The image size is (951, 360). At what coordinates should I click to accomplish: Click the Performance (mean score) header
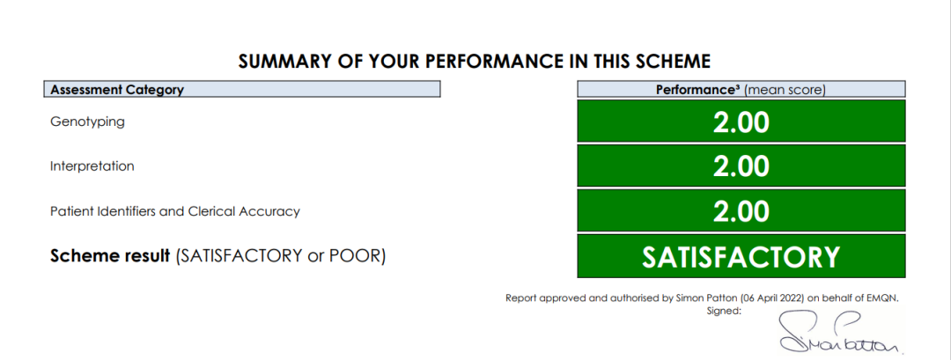tap(741, 90)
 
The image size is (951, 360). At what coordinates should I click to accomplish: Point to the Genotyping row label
tap(87, 121)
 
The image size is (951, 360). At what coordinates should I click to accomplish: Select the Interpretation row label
tap(92, 166)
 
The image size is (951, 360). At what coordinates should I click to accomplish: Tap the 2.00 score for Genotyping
tap(741, 121)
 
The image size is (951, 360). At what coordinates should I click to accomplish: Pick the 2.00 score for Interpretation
tap(741, 166)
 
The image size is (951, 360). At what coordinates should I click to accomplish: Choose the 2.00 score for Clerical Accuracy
tap(741, 211)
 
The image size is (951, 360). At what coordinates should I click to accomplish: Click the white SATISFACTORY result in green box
tap(741, 257)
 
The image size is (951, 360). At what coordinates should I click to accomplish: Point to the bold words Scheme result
tap(110, 256)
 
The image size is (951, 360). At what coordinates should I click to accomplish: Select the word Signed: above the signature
tap(724, 311)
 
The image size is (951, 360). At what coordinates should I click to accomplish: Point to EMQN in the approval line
tap(888, 298)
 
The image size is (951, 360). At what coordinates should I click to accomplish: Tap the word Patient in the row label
tap(68, 211)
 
